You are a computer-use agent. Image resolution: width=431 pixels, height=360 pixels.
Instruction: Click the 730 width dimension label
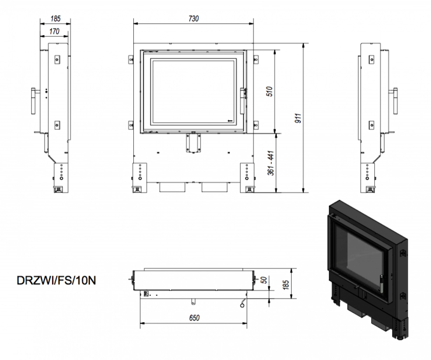tap(193, 19)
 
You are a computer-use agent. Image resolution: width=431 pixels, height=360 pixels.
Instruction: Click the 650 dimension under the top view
tap(194, 318)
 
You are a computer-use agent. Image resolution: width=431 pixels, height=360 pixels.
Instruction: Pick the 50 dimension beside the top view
tap(264, 280)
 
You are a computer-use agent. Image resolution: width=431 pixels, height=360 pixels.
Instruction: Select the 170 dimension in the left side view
tap(54, 31)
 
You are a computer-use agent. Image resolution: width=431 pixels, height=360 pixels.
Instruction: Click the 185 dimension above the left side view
tap(55, 19)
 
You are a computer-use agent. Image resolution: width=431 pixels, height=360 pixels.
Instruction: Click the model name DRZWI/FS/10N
tap(56, 281)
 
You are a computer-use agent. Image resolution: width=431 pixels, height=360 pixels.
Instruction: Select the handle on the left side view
tap(33, 101)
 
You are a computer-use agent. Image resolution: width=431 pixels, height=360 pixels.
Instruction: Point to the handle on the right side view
tap(396, 101)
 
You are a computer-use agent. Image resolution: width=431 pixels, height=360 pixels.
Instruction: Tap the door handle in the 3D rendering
tap(382, 283)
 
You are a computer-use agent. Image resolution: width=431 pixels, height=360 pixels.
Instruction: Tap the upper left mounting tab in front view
tap(131, 59)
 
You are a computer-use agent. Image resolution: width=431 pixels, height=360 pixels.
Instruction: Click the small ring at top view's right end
tap(242, 305)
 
